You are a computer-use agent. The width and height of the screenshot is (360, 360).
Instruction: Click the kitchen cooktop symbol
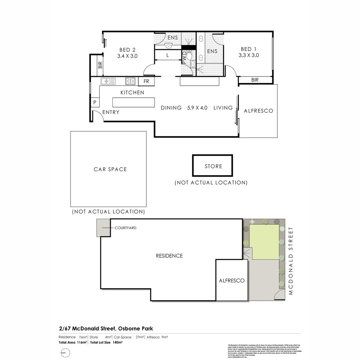(x=130, y=81)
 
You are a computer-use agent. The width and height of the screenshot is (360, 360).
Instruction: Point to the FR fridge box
(x=146, y=81)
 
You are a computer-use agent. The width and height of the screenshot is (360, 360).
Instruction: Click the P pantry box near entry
(x=95, y=103)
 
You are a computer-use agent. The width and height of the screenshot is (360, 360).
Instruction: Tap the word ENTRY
(x=111, y=112)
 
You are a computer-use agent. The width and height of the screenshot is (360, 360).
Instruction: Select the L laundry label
(x=168, y=56)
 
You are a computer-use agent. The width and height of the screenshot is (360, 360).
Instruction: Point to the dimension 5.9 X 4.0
(x=197, y=108)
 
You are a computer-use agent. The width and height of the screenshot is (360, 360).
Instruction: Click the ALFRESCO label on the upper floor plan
(x=258, y=111)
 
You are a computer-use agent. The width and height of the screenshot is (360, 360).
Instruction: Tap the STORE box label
(x=213, y=166)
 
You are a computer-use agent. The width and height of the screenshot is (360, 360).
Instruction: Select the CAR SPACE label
(x=110, y=169)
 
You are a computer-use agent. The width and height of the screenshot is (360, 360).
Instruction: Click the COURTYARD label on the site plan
(x=125, y=228)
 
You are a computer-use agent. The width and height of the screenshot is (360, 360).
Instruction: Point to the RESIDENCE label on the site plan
(x=169, y=256)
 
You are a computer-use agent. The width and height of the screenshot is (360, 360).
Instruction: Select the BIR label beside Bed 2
(x=100, y=65)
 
